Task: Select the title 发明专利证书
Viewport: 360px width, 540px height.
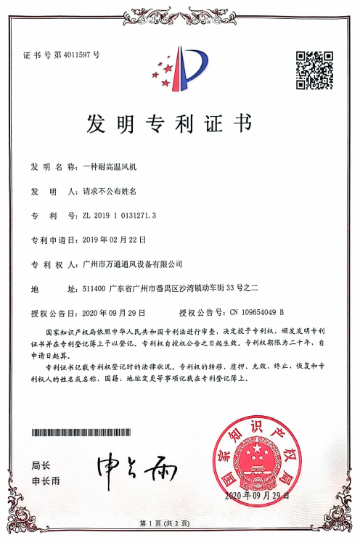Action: [x=180, y=124]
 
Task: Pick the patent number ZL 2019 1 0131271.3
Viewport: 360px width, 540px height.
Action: [x=121, y=216]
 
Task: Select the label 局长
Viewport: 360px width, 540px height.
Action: [x=41, y=465]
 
